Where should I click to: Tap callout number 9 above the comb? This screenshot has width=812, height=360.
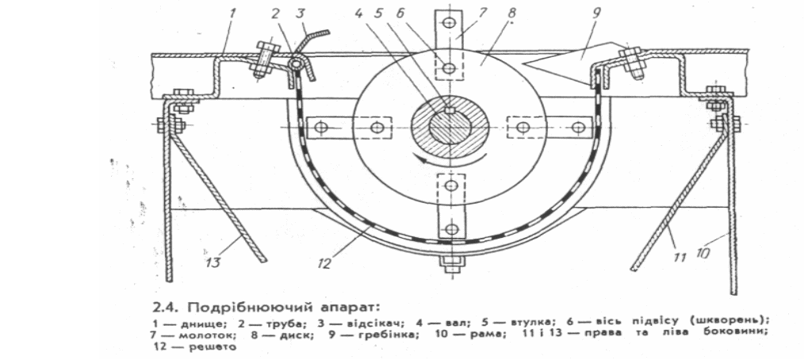596,13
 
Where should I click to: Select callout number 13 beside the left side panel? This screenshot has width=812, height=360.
213,262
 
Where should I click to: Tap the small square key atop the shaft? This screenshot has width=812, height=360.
450,109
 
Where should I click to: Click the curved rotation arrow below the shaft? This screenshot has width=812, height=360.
454,159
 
